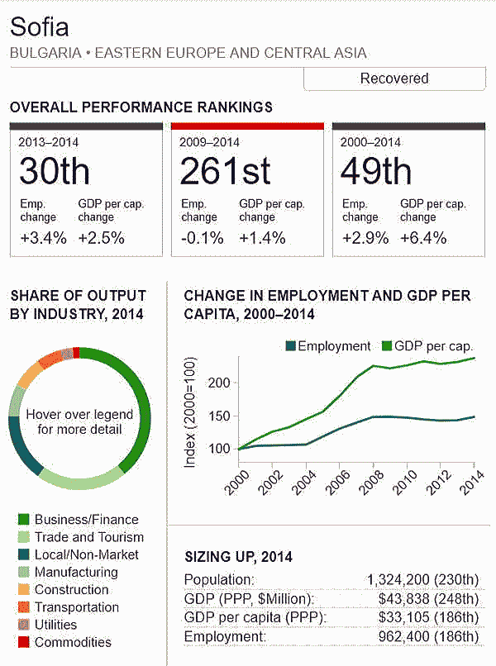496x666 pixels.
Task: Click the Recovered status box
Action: [394, 79]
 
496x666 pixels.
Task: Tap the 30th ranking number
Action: [55, 171]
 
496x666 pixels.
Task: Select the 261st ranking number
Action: [225, 171]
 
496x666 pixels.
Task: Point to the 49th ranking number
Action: [376, 171]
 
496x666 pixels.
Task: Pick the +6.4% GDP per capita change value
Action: [423, 238]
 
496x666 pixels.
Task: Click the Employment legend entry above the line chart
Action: [327, 346]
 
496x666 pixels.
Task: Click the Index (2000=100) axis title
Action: [190, 413]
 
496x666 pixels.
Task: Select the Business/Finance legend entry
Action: [86, 520]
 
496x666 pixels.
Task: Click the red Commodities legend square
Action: [23, 642]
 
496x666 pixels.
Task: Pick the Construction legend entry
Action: [71, 590]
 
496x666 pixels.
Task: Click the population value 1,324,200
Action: [401, 579]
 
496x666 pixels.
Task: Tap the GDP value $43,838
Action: [406, 598]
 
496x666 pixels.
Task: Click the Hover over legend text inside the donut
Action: [79, 421]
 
